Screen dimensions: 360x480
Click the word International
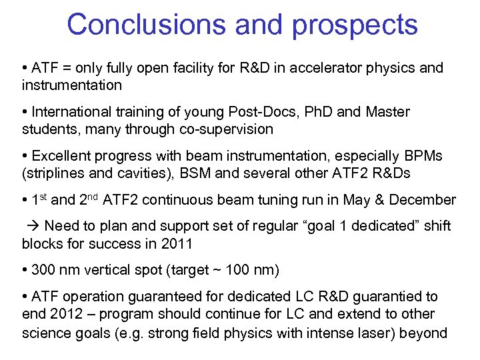pyautogui.click(x=73, y=112)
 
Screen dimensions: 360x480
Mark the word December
pyautogui.click(x=422, y=200)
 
